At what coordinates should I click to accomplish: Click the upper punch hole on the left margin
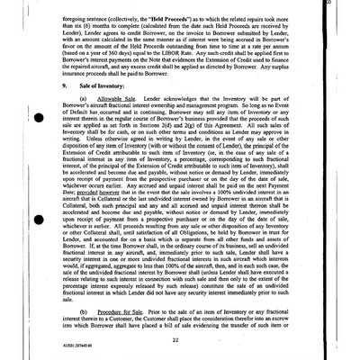pos(39,126)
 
